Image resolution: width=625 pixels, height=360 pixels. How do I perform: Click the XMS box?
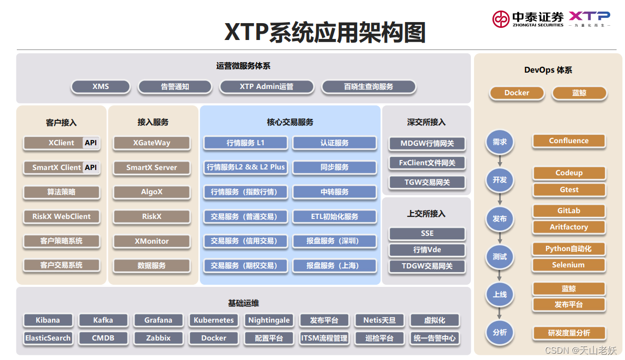pos(100,86)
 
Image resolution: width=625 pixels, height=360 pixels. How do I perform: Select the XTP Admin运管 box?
pos(266,86)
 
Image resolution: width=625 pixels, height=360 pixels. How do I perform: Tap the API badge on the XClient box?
pos(90,143)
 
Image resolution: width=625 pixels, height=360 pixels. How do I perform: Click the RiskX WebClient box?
pos(62,216)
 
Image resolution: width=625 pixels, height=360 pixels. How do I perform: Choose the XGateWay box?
pos(152,143)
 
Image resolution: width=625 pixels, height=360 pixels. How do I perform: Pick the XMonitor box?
pos(152,241)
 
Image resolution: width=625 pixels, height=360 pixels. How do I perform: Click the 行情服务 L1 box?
pos(246,143)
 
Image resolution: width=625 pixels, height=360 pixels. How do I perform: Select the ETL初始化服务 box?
pos(335,216)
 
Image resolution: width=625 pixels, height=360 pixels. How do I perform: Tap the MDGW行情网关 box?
pos(427,143)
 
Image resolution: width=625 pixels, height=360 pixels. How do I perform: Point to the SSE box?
pos(427,233)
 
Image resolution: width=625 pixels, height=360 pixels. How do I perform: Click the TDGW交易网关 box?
pos(427,266)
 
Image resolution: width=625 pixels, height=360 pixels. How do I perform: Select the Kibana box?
pos(48,320)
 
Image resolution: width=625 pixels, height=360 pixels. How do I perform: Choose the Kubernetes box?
pos(214,320)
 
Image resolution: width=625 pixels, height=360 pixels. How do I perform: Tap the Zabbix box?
pos(158,338)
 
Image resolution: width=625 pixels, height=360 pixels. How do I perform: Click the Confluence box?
pos(569,141)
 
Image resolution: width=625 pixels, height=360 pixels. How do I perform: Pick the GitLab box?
pos(569,211)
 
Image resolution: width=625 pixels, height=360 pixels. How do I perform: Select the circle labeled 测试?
pos(500,257)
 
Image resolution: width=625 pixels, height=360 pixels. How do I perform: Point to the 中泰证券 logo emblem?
pos(501,19)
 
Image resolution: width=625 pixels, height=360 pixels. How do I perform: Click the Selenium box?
pos(569,265)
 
